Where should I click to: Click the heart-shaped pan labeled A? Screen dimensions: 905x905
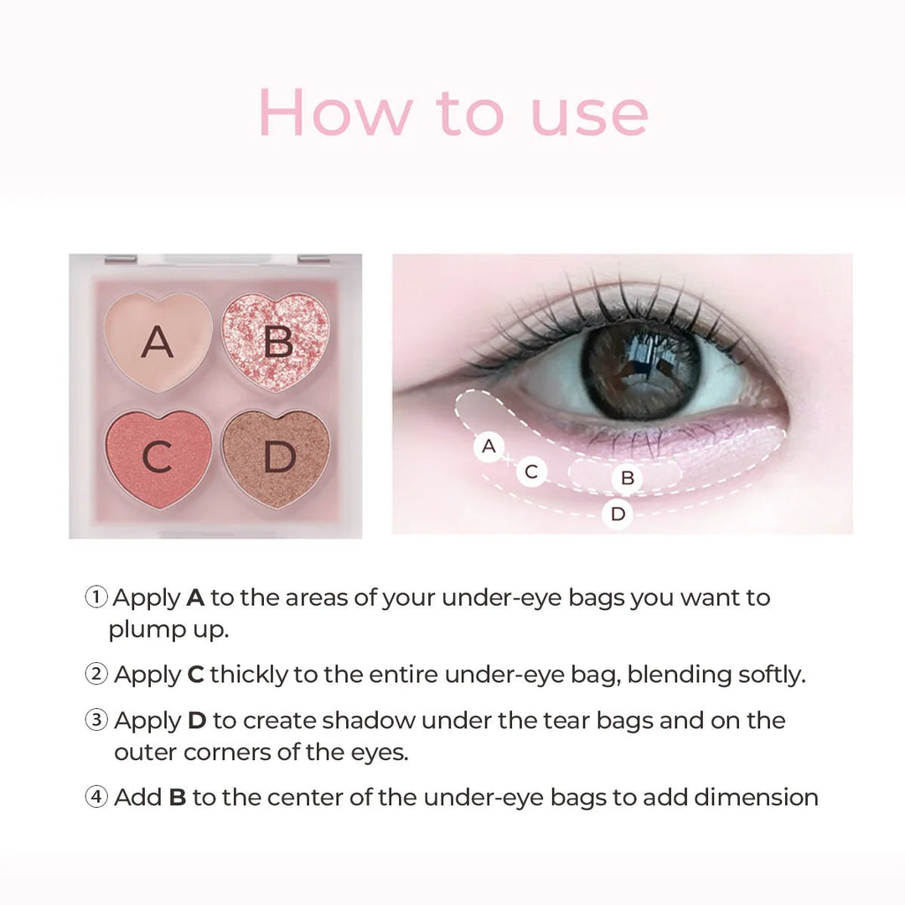(x=157, y=341)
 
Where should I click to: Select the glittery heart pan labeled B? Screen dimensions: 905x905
(x=276, y=343)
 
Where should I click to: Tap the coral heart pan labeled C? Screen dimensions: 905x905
(x=157, y=458)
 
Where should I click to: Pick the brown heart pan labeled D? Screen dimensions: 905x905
(x=276, y=458)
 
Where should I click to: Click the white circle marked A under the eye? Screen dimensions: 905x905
(x=489, y=447)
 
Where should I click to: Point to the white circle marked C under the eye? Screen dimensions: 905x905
(x=530, y=472)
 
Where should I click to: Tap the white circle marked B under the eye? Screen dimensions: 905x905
(x=627, y=479)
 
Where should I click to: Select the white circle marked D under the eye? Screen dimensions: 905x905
(x=618, y=514)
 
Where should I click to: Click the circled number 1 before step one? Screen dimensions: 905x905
(x=96, y=597)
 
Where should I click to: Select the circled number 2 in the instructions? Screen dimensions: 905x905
(x=96, y=675)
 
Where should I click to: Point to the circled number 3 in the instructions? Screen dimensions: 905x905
(x=96, y=721)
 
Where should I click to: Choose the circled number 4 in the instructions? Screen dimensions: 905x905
(x=96, y=797)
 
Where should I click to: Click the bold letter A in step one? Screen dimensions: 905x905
(x=195, y=597)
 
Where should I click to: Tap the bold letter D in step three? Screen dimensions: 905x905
(x=196, y=721)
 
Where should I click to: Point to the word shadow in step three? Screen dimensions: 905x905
(x=370, y=721)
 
